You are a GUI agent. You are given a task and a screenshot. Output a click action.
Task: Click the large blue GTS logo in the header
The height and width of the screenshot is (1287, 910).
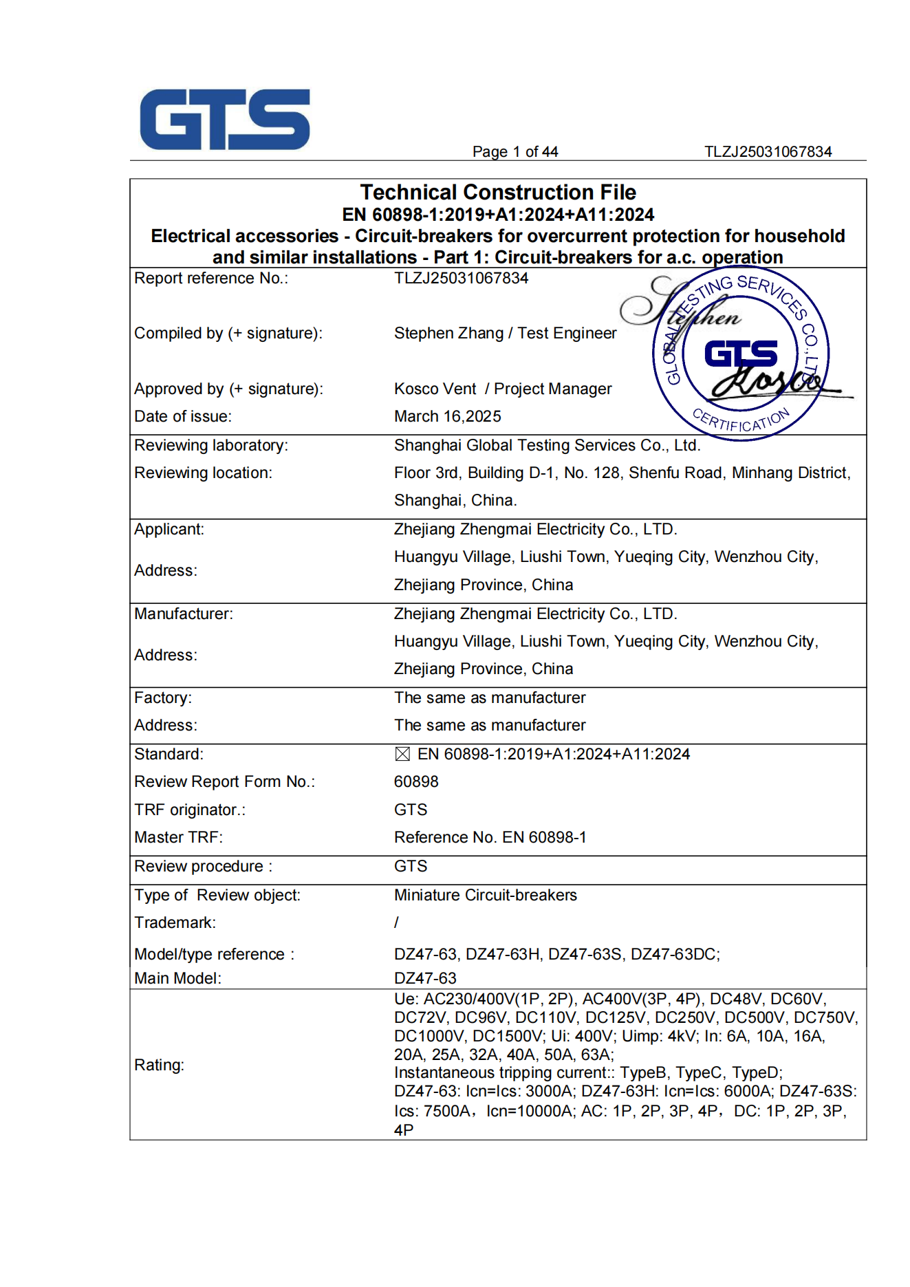click(225, 119)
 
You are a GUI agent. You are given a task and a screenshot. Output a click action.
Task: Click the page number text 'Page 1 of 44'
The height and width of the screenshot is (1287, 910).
click(514, 152)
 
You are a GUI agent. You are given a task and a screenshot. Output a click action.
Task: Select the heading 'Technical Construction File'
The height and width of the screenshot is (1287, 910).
click(498, 192)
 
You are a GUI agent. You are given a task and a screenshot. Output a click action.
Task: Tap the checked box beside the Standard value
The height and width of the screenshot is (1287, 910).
click(402, 755)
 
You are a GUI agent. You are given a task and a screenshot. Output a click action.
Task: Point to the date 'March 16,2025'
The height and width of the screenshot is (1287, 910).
click(447, 416)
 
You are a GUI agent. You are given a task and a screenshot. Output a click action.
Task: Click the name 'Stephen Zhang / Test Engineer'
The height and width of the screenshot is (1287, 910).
click(505, 333)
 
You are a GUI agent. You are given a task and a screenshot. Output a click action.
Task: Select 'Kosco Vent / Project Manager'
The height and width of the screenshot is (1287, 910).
click(502, 389)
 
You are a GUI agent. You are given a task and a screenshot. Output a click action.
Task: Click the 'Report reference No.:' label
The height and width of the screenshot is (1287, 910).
click(211, 278)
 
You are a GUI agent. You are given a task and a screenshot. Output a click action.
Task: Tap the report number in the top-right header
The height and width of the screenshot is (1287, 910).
click(768, 152)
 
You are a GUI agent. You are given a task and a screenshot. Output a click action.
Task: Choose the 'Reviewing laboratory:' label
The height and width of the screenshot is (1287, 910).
click(211, 445)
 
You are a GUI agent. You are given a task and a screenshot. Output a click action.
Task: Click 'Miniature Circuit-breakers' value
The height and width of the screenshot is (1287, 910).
click(485, 895)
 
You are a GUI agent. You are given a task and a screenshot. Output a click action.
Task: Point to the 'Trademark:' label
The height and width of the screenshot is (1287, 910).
click(175, 922)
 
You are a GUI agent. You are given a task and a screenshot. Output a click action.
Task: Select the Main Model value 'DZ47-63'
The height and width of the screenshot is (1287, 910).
click(425, 978)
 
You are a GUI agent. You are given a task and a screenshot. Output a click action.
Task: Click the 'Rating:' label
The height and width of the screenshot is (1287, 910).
click(159, 1065)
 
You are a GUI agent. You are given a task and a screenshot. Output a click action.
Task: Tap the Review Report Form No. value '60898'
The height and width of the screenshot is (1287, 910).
click(416, 781)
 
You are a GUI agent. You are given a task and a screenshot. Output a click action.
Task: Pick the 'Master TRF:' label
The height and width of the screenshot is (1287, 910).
click(178, 837)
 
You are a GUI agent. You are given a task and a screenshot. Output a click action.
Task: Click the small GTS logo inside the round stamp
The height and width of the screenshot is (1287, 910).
click(741, 354)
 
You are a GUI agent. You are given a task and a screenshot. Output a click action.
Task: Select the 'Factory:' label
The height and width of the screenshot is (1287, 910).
click(163, 697)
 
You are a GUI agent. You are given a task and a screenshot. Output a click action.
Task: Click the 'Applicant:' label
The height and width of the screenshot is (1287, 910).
click(169, 529)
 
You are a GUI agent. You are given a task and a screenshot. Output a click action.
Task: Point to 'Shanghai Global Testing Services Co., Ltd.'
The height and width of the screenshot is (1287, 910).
click(547, 445)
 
